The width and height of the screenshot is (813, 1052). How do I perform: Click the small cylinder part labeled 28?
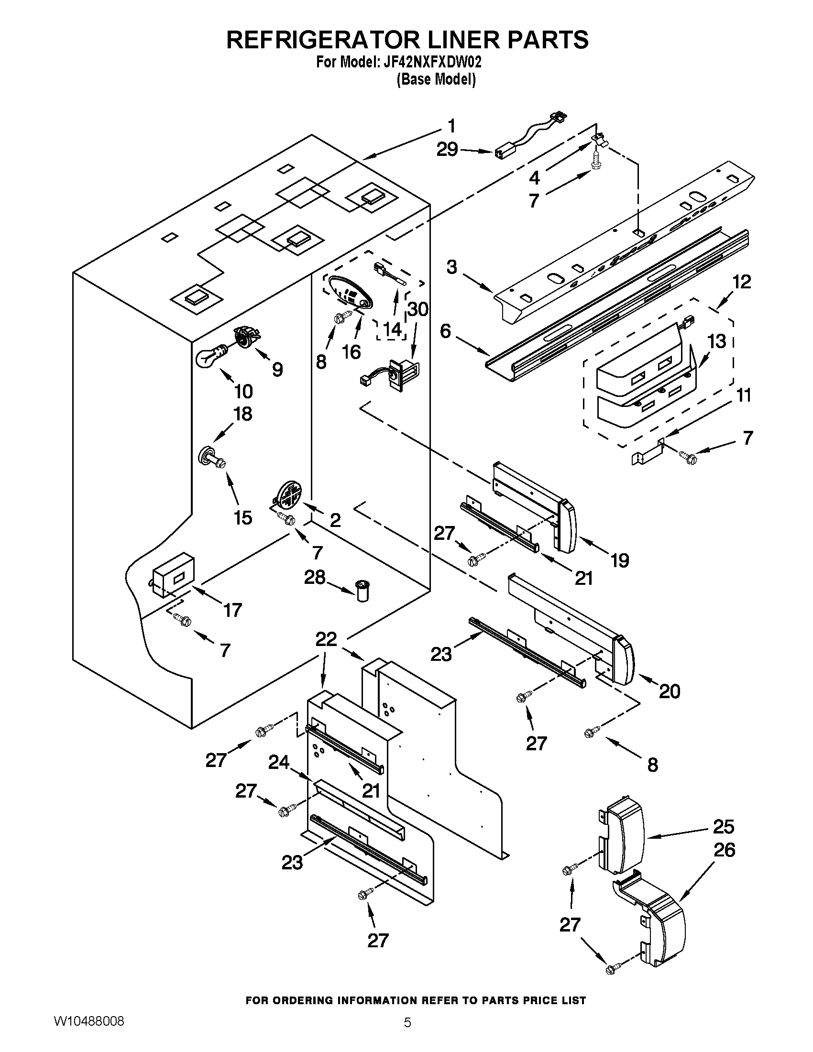pos(362,591)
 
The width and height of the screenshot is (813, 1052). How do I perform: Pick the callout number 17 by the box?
pos(232,611)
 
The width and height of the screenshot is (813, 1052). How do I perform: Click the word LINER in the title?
pos(447,40)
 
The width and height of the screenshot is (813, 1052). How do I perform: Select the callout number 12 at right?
pos(742,282)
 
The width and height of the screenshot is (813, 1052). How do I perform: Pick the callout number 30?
pos(417,309)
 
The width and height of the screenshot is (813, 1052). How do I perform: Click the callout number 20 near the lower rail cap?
pos(669,692)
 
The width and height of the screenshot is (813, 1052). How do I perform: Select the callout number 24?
pos(278,762)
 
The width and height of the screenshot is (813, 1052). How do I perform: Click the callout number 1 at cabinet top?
pos(451,126)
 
